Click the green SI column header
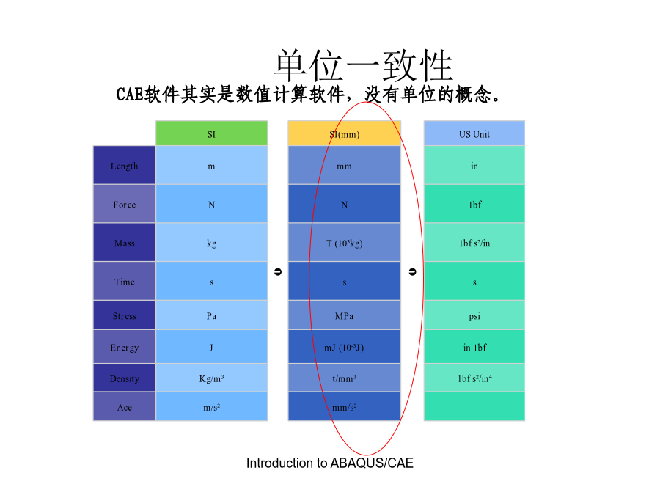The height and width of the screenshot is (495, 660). tap(211, 133)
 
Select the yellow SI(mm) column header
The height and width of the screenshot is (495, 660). tap(345, 133)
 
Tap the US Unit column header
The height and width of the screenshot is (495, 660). tap(474, 133)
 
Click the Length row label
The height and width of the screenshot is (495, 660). tap(124, 165)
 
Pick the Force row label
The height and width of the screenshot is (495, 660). tap(124, 204)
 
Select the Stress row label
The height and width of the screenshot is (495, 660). tap(124, 315)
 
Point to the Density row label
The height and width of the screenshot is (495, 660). tap(124, 378)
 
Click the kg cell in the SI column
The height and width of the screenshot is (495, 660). tap(211, 243)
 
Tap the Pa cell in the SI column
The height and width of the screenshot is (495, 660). tap(211, 315)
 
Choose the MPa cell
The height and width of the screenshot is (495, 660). tap(345, 315)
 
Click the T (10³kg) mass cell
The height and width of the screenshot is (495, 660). tap(345, 243)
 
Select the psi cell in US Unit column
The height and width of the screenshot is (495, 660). tap(474, 315)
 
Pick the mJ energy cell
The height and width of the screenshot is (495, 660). tap(345, 347)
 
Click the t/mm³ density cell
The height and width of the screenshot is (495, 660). tap(345, 378)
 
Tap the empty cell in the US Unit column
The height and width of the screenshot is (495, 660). tap(474, 406)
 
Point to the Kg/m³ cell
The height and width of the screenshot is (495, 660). tap(211, 378)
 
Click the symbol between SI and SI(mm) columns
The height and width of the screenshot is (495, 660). tap(278, 272)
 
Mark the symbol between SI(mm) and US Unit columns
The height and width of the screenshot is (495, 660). tap(412, 272)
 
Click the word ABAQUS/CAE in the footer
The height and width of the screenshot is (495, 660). tap(372, 463)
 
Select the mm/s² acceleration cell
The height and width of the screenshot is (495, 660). tap(345, 406)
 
